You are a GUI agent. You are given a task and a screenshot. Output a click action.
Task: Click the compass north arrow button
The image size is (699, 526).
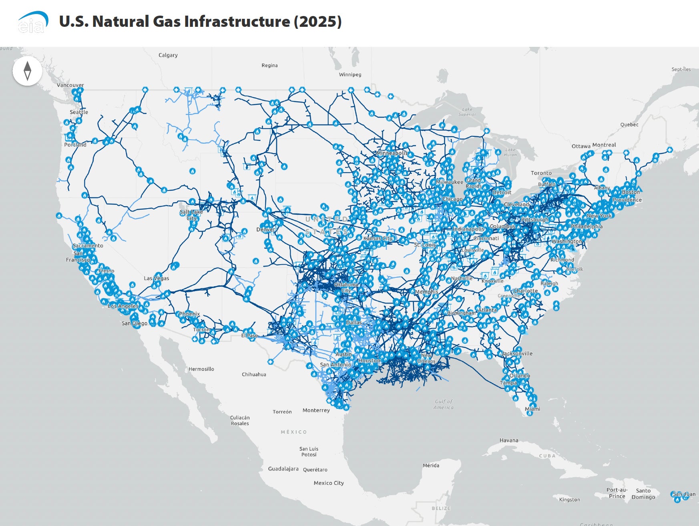[27, 71]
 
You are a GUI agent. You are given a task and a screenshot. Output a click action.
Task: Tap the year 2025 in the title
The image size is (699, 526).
[318, 22]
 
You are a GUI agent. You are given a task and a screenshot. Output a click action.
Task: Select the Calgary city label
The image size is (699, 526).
[168, 55]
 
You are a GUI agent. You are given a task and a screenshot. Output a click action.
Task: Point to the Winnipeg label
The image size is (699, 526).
[350, 74]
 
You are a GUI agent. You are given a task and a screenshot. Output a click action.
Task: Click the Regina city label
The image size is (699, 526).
[269, 65]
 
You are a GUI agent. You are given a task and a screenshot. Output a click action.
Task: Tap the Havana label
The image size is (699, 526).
[508, 440]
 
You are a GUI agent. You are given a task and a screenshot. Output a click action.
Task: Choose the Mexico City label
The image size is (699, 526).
[329, 483]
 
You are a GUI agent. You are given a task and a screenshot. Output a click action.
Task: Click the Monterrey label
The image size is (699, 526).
[316, 410]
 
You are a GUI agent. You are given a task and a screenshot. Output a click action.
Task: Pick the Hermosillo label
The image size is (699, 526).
[201, 369]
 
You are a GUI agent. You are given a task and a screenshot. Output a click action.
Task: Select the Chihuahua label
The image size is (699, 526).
[254, 375]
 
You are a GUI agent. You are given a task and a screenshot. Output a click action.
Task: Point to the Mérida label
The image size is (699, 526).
[431, 466]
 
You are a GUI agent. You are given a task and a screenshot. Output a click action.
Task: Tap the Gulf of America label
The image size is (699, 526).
[444, 404]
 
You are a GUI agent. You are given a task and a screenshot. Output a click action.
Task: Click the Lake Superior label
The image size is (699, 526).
[467, 112]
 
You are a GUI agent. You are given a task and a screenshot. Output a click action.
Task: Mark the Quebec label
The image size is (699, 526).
[629, 124]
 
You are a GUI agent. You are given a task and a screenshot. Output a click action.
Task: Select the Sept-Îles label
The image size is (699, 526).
[681, 69]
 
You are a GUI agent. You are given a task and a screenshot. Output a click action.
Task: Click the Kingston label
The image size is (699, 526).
[569, 500]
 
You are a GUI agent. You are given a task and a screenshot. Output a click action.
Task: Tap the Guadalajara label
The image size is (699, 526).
[283, 469]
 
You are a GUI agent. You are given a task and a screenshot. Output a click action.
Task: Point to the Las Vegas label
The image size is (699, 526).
[156, 278]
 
